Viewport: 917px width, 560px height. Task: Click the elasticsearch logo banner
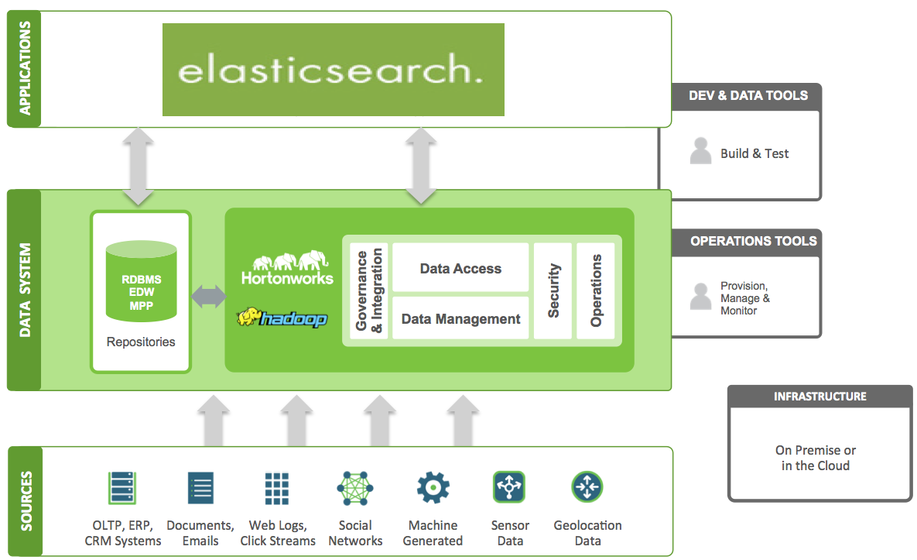click(x=333, y=70)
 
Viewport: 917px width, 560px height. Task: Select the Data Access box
click(x=460, y=269)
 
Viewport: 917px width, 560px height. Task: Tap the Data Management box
click(x=460, y=318)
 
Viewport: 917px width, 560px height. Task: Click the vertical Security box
click(x=553, y=290)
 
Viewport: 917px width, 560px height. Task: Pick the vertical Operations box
click(x=596, y=290)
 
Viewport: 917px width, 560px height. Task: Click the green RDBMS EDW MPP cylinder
click(x=141, y=281)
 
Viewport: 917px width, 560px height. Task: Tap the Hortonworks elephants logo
click(x=287, y=266)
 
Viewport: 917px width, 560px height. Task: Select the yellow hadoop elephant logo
click(x=282, y=318)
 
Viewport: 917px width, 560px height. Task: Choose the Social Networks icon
click(x=355, y=488)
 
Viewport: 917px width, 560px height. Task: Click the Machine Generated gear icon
click(x=433, y=488)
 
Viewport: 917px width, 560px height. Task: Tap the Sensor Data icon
click(x=509, y=488)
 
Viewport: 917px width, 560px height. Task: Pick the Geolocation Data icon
click(x=587, y=488)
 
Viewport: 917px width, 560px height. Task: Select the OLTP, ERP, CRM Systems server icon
click(x=122, y=488)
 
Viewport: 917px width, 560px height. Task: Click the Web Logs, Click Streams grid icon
click(x=277, y=488)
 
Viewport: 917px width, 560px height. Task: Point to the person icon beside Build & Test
click(x=700, y=151)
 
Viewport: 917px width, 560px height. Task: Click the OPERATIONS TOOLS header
click(x=752, y=241)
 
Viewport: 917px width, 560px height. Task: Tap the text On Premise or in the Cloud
click(x=816, y=458)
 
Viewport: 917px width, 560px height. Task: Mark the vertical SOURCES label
click(x=26, y=501)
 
